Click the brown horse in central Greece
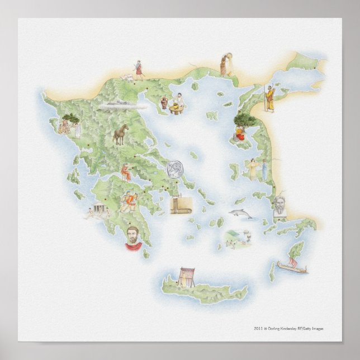coord(121,134)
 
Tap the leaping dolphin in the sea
coord(240,214)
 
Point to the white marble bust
coord(280,207)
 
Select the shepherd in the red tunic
coord(138,68)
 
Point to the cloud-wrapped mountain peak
coord(119,103)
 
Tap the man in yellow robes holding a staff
coord(269,98)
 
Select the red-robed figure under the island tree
coord(239,132)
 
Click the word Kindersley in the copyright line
coord(292,328)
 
